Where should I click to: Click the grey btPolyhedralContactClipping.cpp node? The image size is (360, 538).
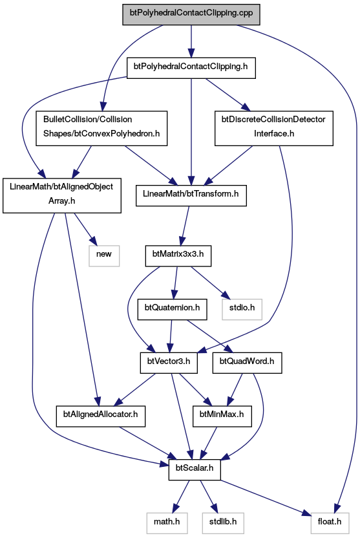click(191, 14)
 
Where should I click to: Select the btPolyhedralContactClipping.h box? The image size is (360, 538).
click(191, 68)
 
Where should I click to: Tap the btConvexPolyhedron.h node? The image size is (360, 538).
click(101, 128)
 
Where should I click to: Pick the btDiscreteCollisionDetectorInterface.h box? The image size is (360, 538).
click(274, 128)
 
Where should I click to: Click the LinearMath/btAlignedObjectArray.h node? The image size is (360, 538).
click(61, 195)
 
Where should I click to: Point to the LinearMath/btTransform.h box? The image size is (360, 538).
click(191, 195)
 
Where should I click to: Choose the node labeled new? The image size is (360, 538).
click(104, 256)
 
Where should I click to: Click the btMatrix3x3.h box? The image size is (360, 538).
click(178, 256)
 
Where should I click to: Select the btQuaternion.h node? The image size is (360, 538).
click(172, 310)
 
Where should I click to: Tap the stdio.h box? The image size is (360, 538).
click(242, 310)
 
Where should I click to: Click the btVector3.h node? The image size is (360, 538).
click(169, 363)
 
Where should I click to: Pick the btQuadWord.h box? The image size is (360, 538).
click(247, 363)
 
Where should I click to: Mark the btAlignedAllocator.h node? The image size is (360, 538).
click(100, 416)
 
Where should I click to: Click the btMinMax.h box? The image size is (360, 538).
click(222, 416)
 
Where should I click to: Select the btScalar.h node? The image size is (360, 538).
click(195, 470)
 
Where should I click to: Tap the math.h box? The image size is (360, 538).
click(167, 524)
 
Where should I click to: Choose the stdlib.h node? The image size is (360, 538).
click(223, 524)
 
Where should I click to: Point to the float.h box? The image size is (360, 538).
click(330, 524)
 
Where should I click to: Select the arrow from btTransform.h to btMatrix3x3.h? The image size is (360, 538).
click(185, 226)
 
